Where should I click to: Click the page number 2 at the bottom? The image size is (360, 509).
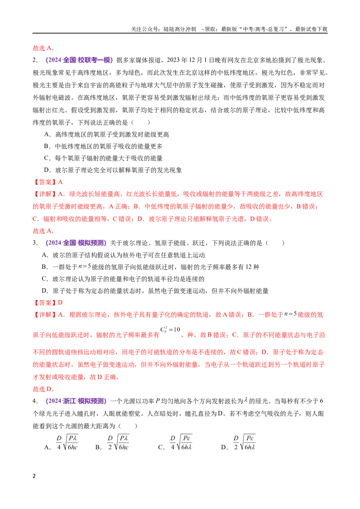click(x=34, y=476)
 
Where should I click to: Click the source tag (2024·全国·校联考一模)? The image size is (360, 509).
click(x=79, y=60)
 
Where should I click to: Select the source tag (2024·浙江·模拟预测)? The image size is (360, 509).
click(x=76, y=401)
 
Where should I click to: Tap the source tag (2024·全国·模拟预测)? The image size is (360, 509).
click(x=76, y=243)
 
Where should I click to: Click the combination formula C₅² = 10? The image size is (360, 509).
click(x=170, y=330)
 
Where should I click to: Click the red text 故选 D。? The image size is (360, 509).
click(x=44, y=389)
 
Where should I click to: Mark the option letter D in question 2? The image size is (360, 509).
click(x=47, y=170)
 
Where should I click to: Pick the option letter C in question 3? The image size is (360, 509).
click(x=45, y=279)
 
